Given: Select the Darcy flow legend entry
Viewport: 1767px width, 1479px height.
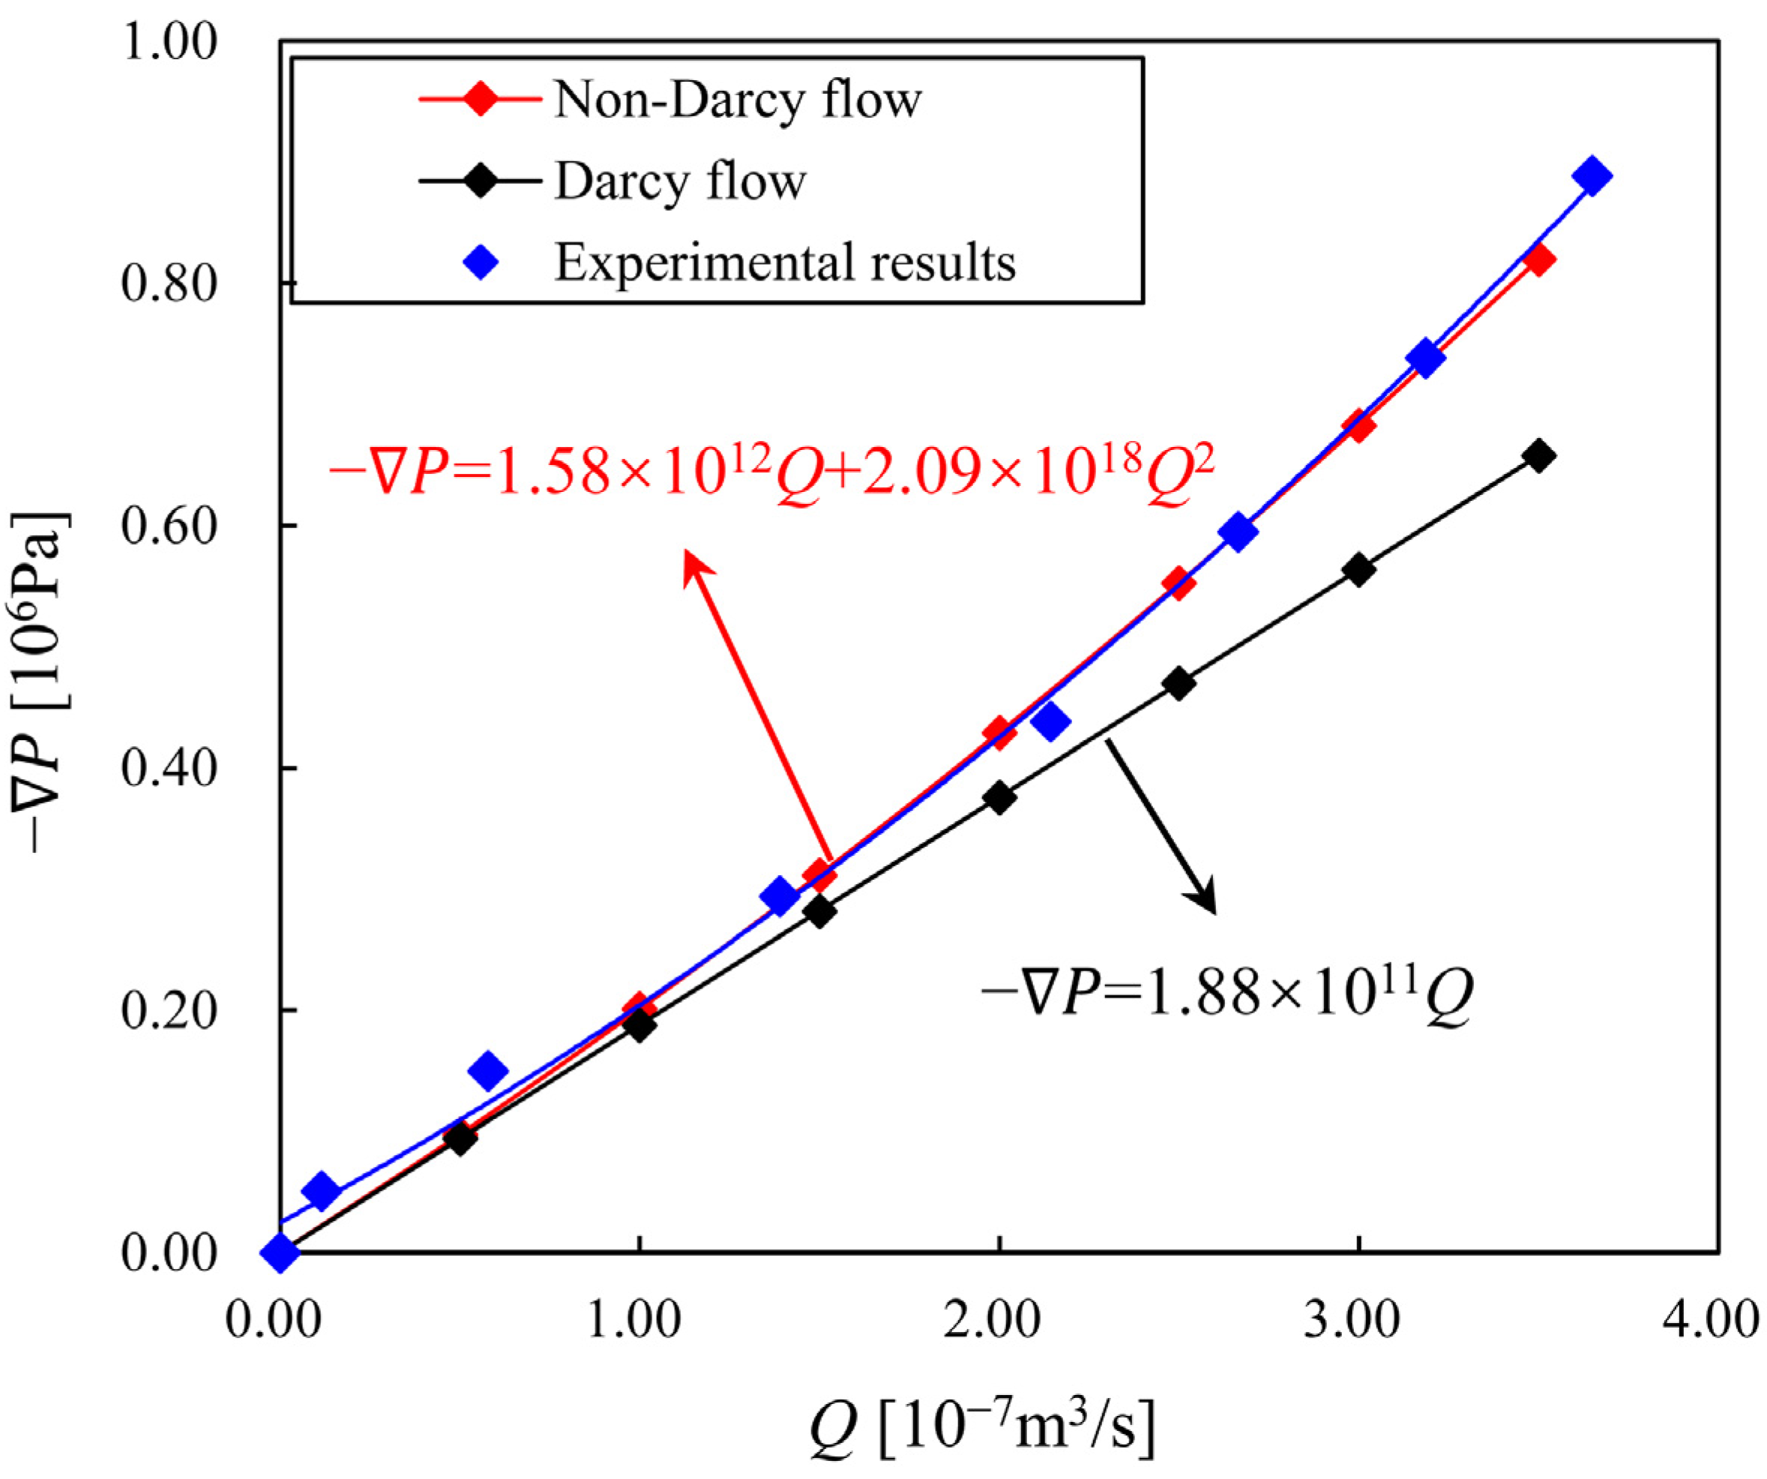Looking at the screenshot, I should click(680, 181).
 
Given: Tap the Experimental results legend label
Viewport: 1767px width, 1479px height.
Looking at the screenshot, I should click(784, 262).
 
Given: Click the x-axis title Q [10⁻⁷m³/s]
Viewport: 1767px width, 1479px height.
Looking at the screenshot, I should click(983, 1429).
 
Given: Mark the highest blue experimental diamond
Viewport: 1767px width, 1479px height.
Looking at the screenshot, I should click(1591, 177).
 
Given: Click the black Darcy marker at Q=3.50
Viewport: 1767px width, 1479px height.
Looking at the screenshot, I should click(1538, 455).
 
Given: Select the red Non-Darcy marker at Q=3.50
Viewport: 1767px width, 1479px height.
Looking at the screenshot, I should click(1538, 260).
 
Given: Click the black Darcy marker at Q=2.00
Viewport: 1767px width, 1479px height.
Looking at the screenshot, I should click(999, 797).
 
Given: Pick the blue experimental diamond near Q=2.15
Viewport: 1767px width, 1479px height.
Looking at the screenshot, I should click(1050, 721).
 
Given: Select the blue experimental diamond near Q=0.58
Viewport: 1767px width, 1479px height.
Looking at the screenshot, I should click(488, 1071).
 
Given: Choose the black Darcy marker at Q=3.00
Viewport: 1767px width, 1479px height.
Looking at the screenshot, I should click(1358, 570).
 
